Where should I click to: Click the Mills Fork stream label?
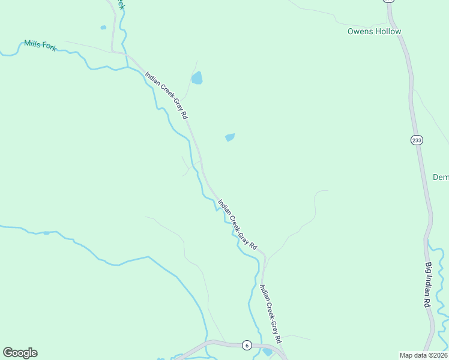pos(40,45)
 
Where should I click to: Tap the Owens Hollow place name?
pos(374,31)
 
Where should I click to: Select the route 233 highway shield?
pos(417,140)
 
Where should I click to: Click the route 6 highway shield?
pos(246,345)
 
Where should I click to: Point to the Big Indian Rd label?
pos(429,285)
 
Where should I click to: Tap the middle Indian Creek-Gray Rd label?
pos(237,224)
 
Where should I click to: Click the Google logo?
pos(20,353)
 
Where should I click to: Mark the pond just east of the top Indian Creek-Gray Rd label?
pos(197,78)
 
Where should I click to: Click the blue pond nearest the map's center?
pos(229,137)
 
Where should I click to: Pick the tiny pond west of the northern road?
pos(103,27)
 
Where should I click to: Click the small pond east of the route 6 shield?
pos(267,352)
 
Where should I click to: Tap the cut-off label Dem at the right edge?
pos(441,177)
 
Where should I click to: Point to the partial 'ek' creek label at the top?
pos(120,5)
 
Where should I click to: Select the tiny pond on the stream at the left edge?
pos(46,232)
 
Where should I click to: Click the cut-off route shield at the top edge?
pos(389,1)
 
